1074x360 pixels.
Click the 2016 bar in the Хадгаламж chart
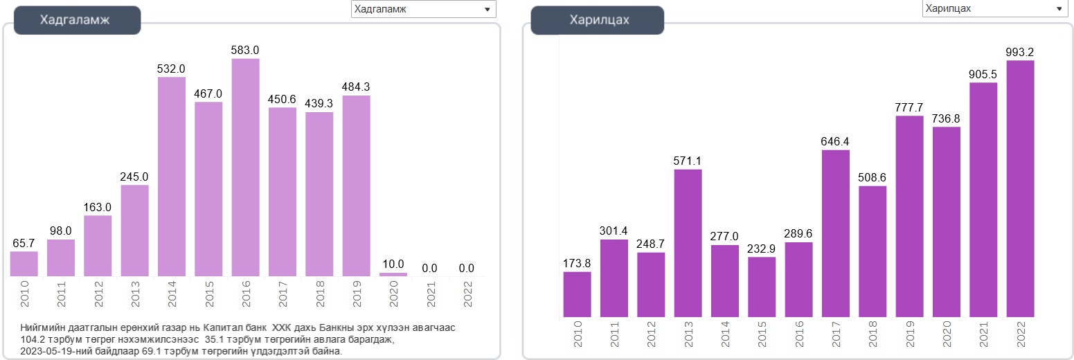(245, 168)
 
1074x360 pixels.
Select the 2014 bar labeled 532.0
(172, 177)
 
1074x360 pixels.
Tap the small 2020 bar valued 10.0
(393, 274)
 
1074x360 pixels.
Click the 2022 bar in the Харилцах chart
(1020, 189)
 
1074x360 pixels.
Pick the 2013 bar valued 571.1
(688, 244)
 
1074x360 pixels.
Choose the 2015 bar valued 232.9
(762, 287)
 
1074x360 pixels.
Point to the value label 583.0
(245, 51)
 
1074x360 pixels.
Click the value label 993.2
(1020, 53)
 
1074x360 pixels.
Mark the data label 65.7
(24, 244)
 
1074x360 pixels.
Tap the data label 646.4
(835, 142)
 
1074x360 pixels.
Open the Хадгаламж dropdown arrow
(487, 9)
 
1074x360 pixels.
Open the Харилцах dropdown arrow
(1059, 8)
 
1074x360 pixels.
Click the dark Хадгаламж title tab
(77, 20)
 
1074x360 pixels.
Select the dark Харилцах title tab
(597, 20)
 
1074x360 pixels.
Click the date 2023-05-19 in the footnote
(49, 352)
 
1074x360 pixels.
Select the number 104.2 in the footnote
(33, 340)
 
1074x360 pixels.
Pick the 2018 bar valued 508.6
(872, 252)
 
